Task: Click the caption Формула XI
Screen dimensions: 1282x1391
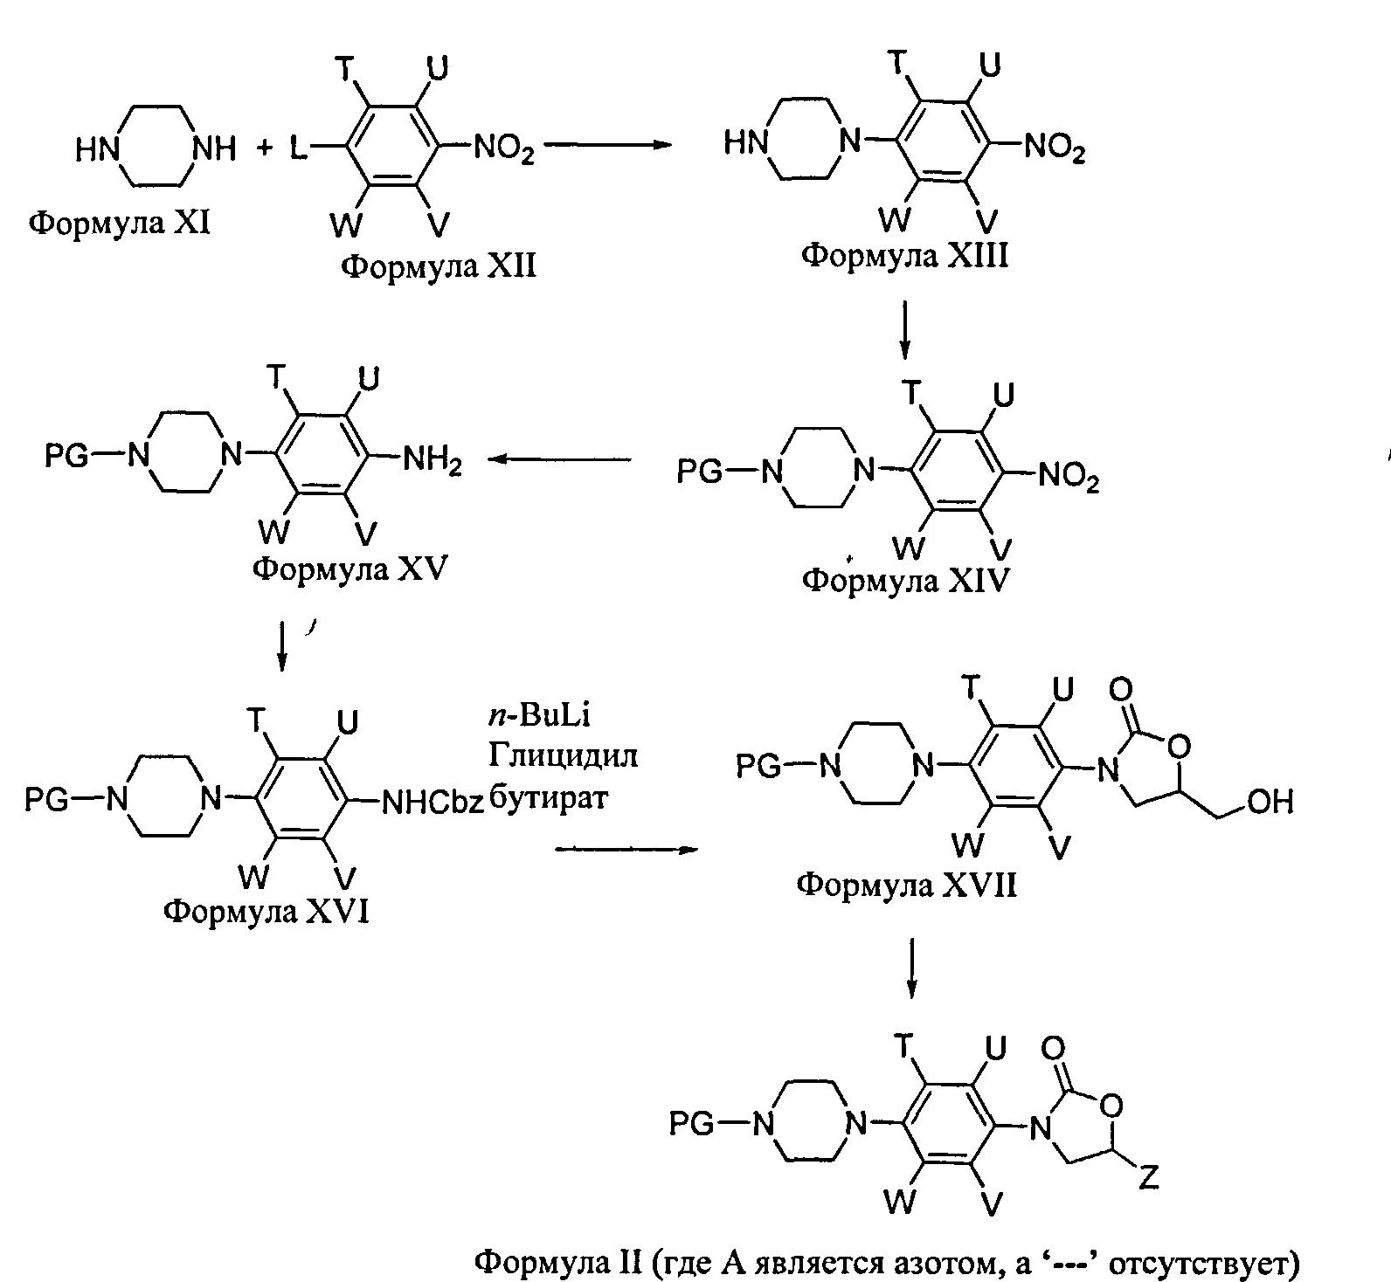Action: pos(119,224)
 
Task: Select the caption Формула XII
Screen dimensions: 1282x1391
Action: pos(438,265)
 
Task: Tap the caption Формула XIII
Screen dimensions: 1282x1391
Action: pos(905,256)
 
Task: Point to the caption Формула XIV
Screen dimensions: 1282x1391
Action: pos(905,580)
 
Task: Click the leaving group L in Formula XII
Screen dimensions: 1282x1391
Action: pos(299,149)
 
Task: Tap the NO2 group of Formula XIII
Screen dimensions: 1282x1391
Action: pos(1055,148)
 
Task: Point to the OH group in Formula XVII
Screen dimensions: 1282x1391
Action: pos(1270,802)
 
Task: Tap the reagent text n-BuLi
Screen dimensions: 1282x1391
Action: pos(539,716)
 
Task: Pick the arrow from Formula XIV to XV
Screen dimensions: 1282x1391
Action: pos(559,458)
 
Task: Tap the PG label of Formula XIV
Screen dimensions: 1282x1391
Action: pos(701,472)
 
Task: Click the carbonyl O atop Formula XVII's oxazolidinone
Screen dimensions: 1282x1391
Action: pos(1120,691)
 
